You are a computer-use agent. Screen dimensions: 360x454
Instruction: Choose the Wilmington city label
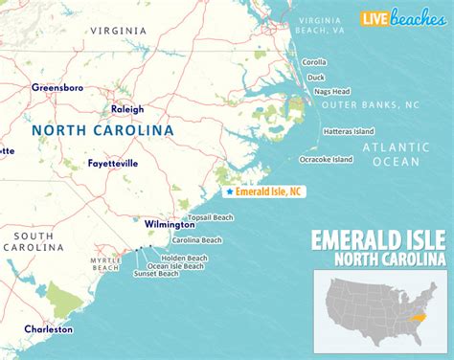(x=143, y=224)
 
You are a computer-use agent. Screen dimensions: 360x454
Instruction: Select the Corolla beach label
(x=314, y=61)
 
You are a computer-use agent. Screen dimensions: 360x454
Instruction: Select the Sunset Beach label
(x=156, y=274)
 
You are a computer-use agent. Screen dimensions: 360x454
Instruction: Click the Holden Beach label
(x=181, y=255)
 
